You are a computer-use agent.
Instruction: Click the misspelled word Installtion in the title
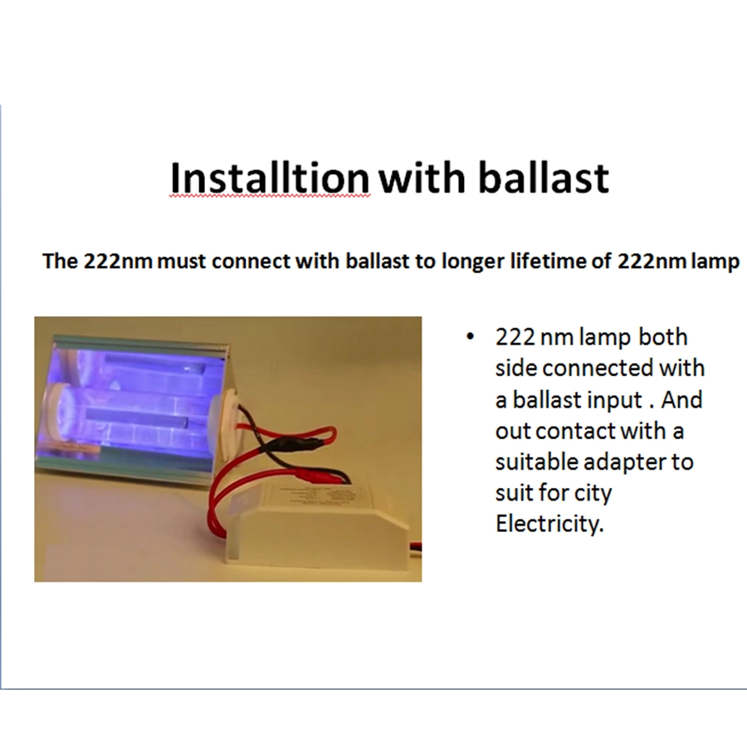pyautogui.click(x=270, y=178)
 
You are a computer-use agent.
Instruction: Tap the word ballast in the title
pyautogui.click(x=543, y=178)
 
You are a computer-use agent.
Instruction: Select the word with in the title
pyautogui.click(x=422, y=178)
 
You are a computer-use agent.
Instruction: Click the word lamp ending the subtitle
pyautogui.click(x=715, y=262)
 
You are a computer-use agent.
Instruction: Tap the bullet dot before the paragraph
pyautogui.click(x=471, y=337)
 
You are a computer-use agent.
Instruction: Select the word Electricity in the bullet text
pyautogui.click(x=549, y=525)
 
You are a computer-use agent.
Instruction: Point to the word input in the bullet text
pyautogui.click(x=614, y=400)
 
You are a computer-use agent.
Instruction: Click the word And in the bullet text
pyautogui.click(x=681, y=399)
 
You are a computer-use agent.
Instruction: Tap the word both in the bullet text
pyautogui.click(x=662, y=337)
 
